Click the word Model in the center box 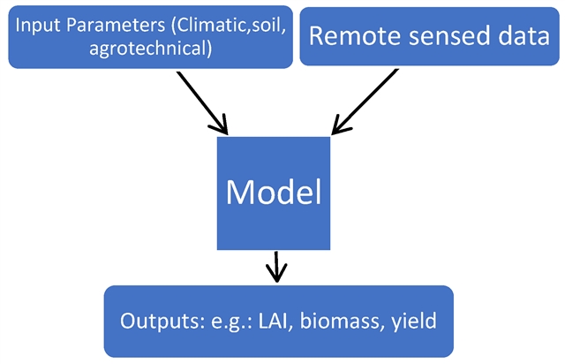click(x=274, y=192)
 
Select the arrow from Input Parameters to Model click(x=202, y=102)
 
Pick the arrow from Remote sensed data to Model click(x=365, y=102)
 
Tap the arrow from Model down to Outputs click(x=276, y=267)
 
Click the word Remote click(x=355, y=35)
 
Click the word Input click(x=38, y=26)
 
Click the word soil click(x=268, y=26)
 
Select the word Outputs click(x=162, y=321)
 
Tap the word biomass click(x=339, y=321)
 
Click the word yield click(x=414, y=321)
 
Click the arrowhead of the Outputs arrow click(x=276, y=274)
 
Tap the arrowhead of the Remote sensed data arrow click(x=341, y=125)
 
